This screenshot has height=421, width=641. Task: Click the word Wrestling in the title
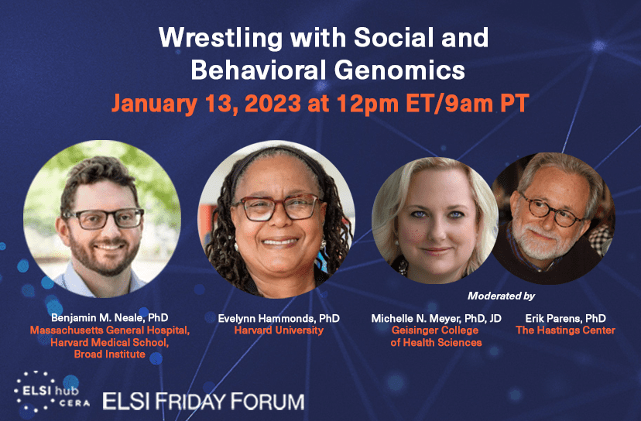tap(221, 38)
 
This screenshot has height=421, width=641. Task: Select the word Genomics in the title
tap(399, 70)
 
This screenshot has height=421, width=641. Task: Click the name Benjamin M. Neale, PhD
tap(110, 317)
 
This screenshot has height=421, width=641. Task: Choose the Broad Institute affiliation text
tap(110, 354)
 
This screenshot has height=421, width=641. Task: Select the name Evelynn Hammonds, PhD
tap(279, 318)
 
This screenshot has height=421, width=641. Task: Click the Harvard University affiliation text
tap(279, 330)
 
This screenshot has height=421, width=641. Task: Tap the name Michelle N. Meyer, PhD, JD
tap(436, 318)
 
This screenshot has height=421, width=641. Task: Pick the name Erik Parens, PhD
tap(565, 318)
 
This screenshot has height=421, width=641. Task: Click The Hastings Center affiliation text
tap(565, 330)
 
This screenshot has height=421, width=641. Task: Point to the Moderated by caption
tap(501, 296)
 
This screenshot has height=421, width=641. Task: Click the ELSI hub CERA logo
tap(52, 392)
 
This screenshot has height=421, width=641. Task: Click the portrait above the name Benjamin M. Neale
tap(101, 219)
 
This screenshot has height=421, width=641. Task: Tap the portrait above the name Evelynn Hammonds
tap(276, 219)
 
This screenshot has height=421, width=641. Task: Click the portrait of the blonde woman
tap(435, 221)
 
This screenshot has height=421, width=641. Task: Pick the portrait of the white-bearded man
tap(554, 219)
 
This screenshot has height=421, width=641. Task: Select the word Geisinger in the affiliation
tap(413, 330)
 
